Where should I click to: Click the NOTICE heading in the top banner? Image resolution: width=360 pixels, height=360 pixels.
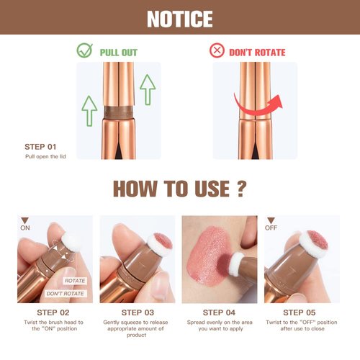click(x=179, y=18)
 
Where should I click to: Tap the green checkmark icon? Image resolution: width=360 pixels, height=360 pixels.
click(x=86, y=52)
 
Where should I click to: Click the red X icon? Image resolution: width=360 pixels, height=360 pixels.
click(x=217, y=52)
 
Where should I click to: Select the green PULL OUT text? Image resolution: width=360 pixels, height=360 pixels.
click(x=119, y=53)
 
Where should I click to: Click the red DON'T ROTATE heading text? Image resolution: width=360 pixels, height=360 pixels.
click(x=257, y=53)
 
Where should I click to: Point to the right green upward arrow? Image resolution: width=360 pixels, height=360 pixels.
click(x=148, y=90)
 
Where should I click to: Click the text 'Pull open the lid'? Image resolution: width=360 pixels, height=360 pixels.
click(x=45, y=156)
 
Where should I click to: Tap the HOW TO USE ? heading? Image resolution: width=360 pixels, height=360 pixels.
click(x=180, y=189)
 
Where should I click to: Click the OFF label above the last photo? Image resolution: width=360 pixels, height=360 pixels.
click(x=271, y=228)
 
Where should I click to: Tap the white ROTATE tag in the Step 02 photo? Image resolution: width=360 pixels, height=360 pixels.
click(x=74, y=281)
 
